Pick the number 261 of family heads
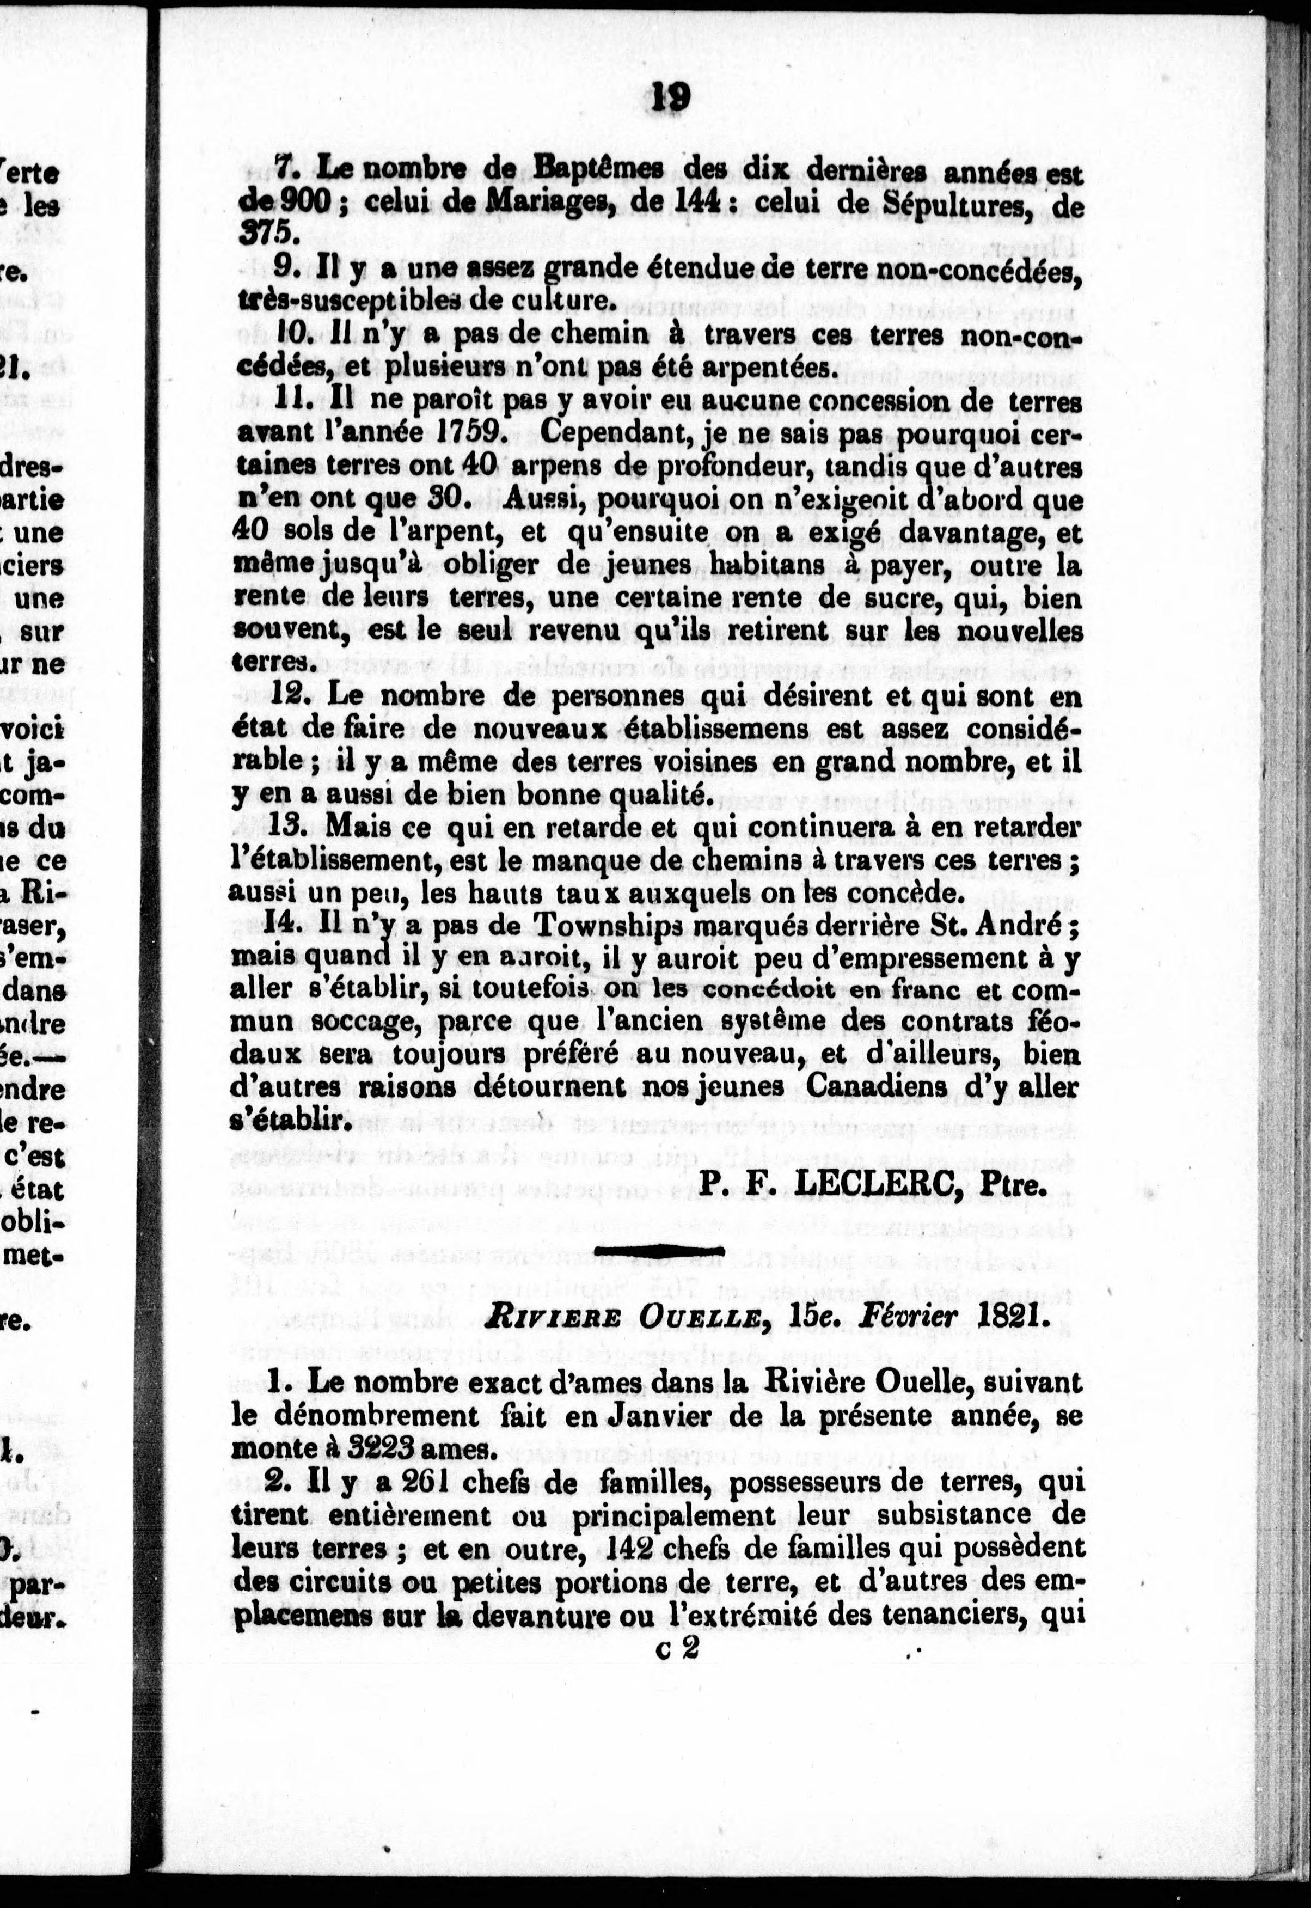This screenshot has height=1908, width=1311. coord(408,1483)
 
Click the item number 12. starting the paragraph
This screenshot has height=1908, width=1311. coord(291,696)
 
